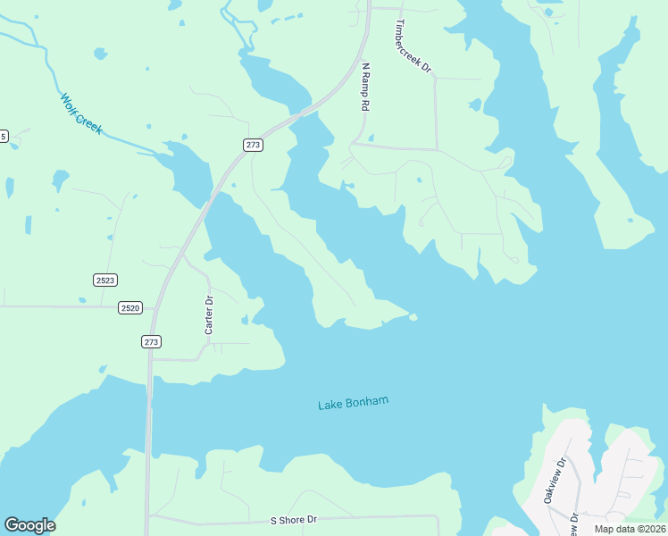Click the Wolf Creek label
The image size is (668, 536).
coord(81,114)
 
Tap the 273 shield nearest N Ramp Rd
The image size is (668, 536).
coord(255,145)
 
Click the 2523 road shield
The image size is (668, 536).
coord(105,280)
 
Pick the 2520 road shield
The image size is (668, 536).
coord(129,308)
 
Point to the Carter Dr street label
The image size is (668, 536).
coord(209,315)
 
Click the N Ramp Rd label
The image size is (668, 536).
coord(365,87)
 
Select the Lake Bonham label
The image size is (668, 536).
coord(354,403)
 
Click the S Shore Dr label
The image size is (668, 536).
coord(294,519)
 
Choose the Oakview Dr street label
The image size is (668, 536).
coord(555,481)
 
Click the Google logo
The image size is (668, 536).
coord(29,525)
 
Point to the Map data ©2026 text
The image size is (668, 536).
coord(630,529)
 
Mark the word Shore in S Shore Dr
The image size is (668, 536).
coord(293,519)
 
